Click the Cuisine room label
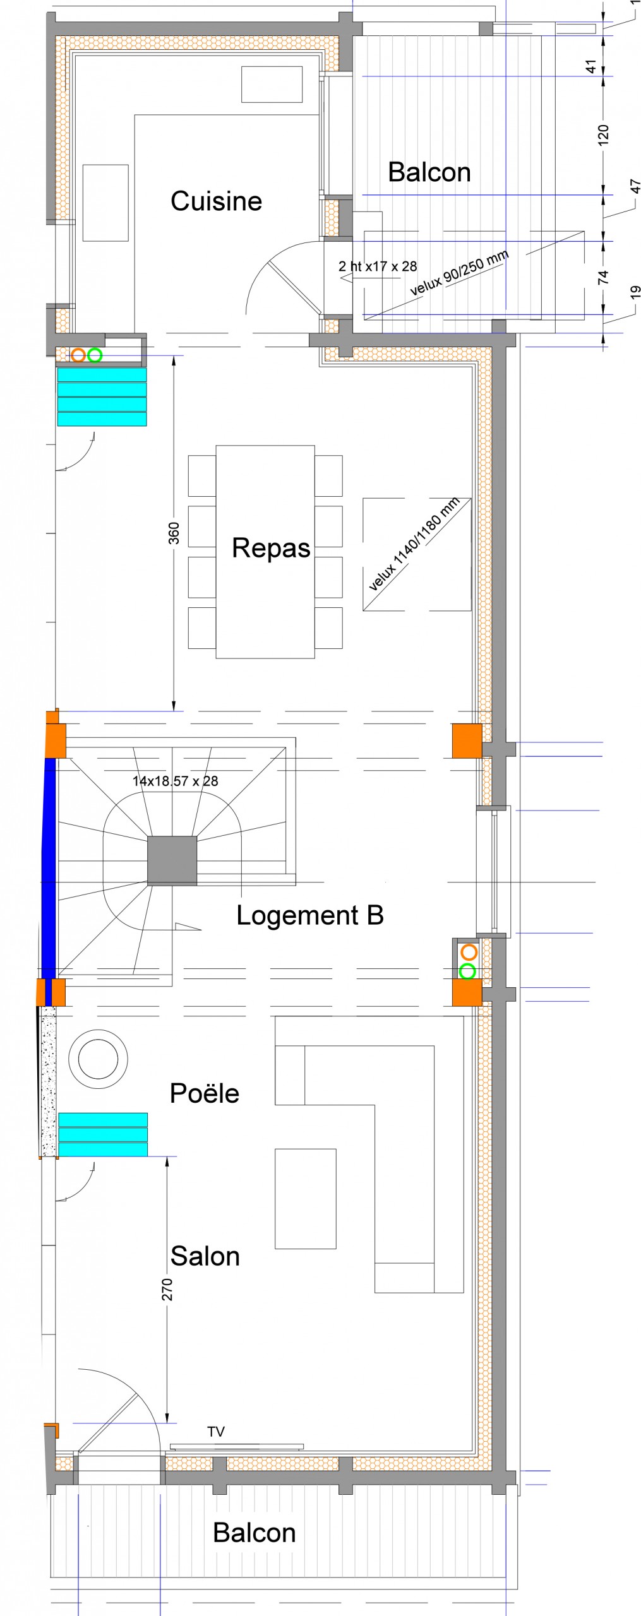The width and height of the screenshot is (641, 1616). click(x=216, y=201)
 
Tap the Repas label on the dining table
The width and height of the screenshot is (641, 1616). click(x=271, y=548)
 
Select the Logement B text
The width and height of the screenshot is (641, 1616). click(x=310, y=915)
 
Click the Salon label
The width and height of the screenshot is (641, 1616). click(x=205, y=1256)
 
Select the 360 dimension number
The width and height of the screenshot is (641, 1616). click(x=174, y=533)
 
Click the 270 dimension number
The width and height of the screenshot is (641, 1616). click(x=167, y=1290)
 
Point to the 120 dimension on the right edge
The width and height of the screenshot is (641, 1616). click(x=603, y=135)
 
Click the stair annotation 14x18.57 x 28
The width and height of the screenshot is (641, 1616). click(x=175, y=781)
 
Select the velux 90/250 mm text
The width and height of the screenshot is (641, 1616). click(x=459, y=273)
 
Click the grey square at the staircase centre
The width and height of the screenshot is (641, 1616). click(x=172, y=861)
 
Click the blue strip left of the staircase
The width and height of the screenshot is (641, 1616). click(x=50, y=868)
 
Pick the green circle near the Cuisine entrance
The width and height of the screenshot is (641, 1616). click(x=95, y=355)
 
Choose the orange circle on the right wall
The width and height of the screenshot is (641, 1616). click(x=469, y=952)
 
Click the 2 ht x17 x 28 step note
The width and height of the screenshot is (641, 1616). click(x=378, y=266)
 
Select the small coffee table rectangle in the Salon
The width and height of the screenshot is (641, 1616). click(x=306, y=1199)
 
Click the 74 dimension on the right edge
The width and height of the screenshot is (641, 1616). click(x=603, y=277)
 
